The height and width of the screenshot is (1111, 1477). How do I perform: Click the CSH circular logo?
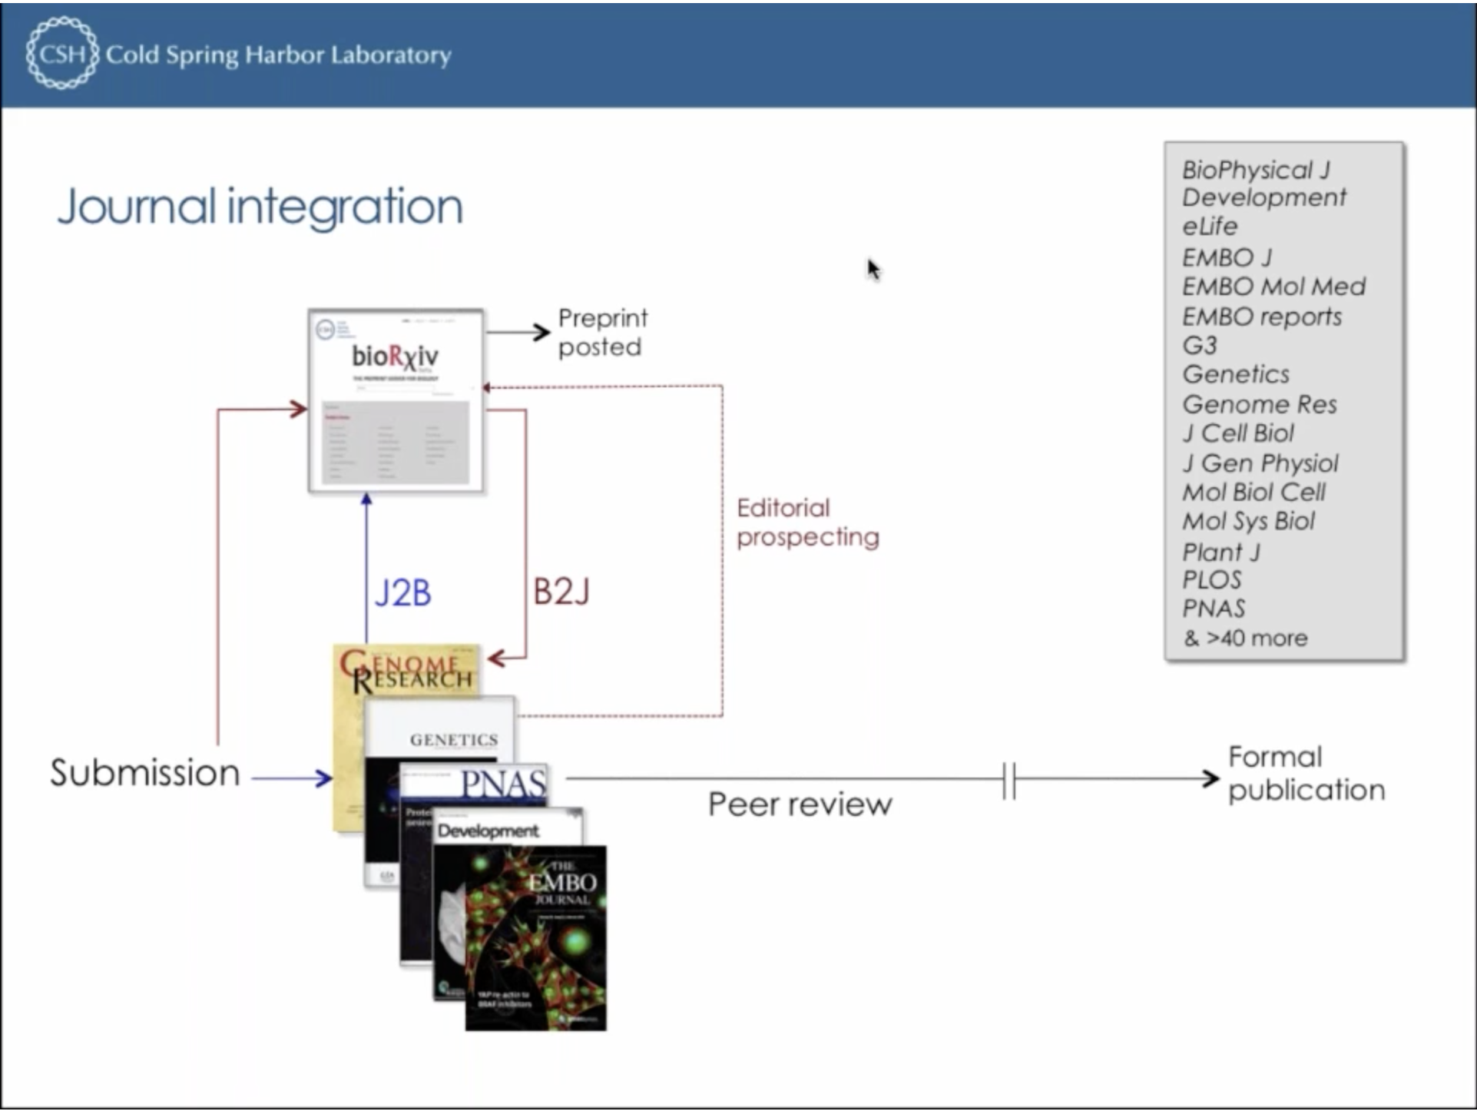[61, 53]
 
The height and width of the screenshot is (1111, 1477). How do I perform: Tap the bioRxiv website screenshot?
[396, 400]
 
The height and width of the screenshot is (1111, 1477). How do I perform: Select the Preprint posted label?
[601, 333]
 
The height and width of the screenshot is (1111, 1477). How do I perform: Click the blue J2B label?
[402, 593]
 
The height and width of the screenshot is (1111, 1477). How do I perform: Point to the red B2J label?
[561, 592]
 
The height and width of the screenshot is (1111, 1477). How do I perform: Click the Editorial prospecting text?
[807, 522]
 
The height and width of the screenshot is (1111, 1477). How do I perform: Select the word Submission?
[145, 773]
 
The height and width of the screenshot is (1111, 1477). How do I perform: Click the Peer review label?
[800, 804]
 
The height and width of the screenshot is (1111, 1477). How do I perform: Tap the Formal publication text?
[1306, 774]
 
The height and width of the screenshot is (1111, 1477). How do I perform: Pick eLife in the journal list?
[1210, 227]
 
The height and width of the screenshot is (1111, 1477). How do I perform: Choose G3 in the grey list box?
[1200, 346]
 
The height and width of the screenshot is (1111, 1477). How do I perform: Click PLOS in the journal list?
[1211, 579]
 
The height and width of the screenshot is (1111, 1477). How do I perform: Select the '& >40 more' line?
[1245, 638]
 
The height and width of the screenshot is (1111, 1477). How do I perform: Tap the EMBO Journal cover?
[536, 937]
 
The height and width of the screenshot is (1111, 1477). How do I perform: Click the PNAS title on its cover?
[503, 784]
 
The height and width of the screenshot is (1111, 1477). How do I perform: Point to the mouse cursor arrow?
[873, 270]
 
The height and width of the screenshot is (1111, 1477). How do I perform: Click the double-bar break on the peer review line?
[1009, 781]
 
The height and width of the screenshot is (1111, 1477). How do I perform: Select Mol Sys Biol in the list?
[1248, 521]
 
